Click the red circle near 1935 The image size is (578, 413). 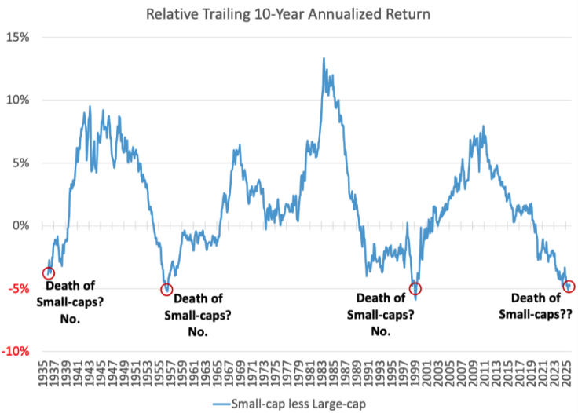click(49, 273)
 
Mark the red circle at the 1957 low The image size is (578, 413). click(166, 289)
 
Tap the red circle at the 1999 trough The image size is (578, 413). click(415, 288)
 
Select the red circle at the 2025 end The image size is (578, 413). click(569, 287)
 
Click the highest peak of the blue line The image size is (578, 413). click(324, 58)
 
